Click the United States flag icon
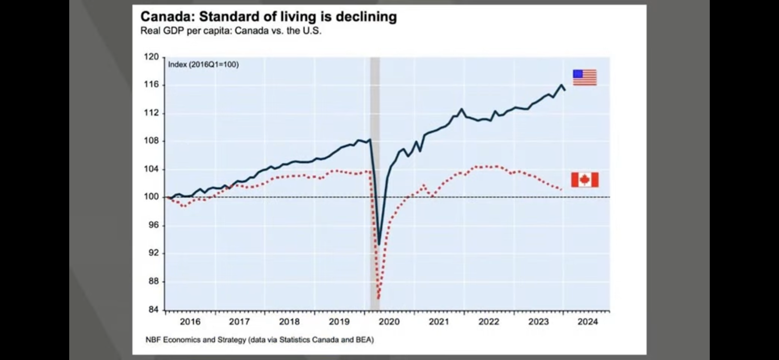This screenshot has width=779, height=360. coord(585,77)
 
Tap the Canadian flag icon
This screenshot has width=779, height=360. coord(585,180)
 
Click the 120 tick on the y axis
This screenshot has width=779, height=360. coord(151,57)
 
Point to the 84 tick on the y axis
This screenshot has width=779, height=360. coord(153,310)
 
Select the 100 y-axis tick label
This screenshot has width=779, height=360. coord(151,197)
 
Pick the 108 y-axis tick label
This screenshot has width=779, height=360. coord(151,141)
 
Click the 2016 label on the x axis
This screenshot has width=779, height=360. coord(190,322)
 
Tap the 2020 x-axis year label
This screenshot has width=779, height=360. coord(389,322)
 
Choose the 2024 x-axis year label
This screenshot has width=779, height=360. coord(588,322)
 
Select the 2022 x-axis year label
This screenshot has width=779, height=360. coord(489,322)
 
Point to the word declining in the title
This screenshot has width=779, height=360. coord(366,17)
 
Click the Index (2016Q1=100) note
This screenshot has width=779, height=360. coord(203,65)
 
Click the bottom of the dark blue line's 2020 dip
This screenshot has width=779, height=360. coord(379,244)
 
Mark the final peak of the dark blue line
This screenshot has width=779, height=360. coord(561,85)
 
